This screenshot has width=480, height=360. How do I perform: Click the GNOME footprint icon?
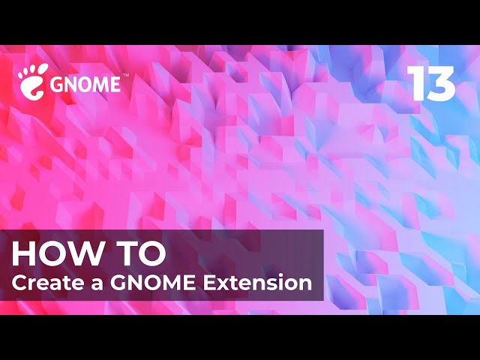pos(32,81)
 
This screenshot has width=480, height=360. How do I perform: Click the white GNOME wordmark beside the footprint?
pos(85,85)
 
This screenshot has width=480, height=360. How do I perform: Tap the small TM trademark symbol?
pos(125,75)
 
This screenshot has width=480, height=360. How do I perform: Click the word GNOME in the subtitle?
pos(153,283)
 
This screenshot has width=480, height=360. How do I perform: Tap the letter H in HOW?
pos(22,253)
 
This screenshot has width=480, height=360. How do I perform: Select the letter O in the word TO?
pos(152,253)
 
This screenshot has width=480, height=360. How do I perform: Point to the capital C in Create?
pos(19,283)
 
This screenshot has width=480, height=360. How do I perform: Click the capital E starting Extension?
pos(210,283)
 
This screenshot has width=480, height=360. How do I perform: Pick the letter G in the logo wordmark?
pos(57,85)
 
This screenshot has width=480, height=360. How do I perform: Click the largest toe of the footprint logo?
pos(42,69)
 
